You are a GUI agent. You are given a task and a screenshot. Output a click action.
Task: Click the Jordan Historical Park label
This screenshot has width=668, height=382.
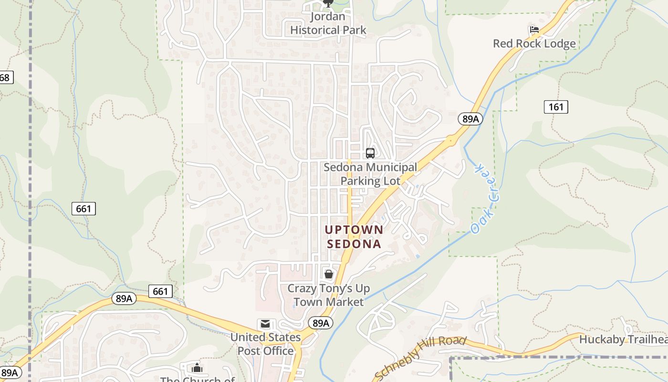(328, 23)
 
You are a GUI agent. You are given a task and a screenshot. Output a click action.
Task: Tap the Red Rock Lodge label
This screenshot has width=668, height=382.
(534, 44)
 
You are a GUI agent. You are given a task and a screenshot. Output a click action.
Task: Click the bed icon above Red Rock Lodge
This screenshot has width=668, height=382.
(534, 30)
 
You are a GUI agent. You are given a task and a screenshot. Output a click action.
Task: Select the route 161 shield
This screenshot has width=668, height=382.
(556, 107)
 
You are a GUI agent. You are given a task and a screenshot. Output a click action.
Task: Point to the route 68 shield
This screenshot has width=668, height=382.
(5, 77)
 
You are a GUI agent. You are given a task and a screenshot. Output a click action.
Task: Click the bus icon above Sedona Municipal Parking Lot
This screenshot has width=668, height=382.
(370, 153)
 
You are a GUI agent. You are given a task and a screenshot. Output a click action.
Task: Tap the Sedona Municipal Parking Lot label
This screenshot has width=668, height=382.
(370, 174)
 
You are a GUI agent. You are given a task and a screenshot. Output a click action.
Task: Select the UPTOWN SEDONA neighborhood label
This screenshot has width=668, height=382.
(354, 236)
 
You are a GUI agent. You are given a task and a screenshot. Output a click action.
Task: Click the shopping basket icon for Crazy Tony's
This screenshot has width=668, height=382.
(328, 274)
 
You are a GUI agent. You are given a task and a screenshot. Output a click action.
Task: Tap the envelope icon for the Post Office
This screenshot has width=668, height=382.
(265, 324)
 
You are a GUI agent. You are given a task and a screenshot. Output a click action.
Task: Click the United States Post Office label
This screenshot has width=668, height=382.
(266, 344)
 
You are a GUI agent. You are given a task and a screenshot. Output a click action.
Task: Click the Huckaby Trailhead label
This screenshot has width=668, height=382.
(623, 340)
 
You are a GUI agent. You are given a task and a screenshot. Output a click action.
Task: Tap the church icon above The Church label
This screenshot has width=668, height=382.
(197, 368)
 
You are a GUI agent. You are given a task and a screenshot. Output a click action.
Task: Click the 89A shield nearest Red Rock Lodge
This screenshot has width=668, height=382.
(470, 119)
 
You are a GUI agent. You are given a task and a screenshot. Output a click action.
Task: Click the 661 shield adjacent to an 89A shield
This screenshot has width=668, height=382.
(160, 291)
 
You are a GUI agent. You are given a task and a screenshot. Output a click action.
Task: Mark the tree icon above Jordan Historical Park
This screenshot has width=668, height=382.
(328, 4)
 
